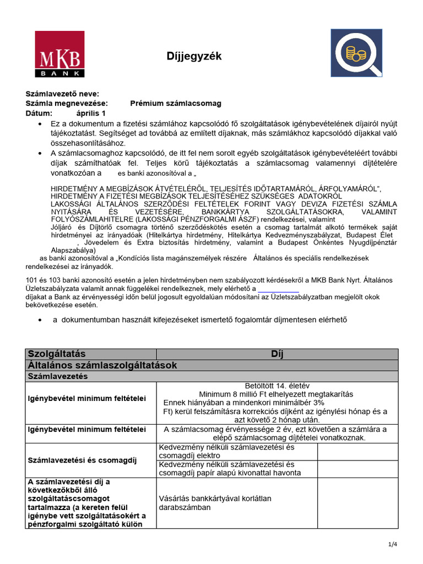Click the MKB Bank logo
coord(59,54)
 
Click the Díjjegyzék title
coord(194,56)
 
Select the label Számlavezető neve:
coord(62,94)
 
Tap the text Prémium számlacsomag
coord(175,104)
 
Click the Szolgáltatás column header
coord(56,354)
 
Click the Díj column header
coord(276,354)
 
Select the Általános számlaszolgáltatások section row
coord(102,365)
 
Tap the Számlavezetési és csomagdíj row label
coord(82,460)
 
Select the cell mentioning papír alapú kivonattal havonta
coord(237,469)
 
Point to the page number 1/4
coord(392,545)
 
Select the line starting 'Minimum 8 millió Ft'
coord(276,394)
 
